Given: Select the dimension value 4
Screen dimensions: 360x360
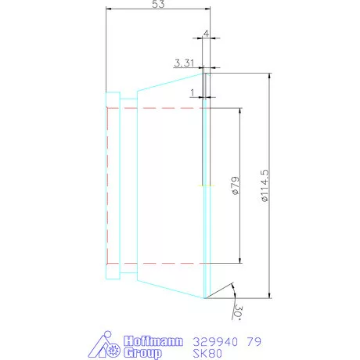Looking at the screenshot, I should pos(206,33).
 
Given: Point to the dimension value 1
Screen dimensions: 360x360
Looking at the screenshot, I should pos(192,92).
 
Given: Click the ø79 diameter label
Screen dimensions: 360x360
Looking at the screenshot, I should pos(234,185).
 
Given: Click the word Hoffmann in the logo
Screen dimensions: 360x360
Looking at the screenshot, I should pos(153,341).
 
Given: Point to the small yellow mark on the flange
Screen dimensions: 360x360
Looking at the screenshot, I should pos(204,185).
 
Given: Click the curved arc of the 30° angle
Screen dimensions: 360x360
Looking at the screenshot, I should pos(232,290).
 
